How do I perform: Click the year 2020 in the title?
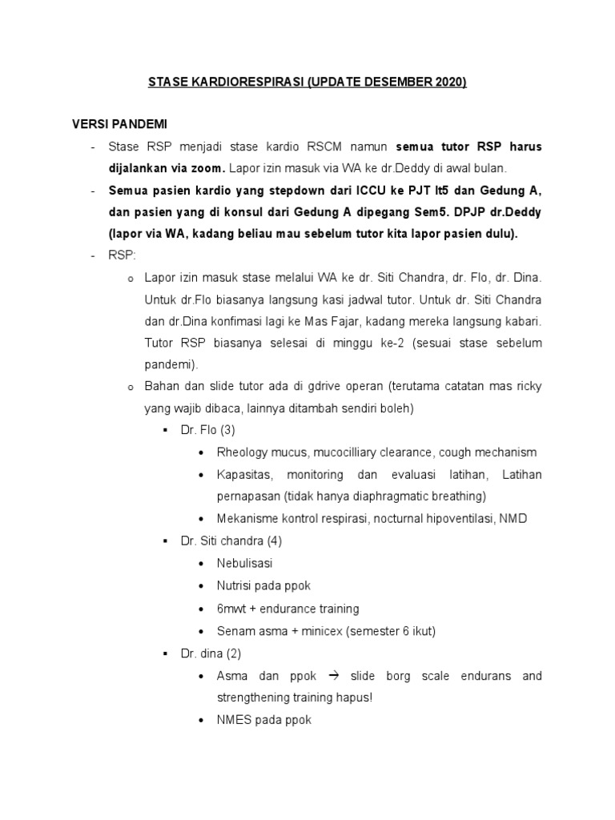coord(448,82)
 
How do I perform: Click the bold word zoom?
coord(208,168)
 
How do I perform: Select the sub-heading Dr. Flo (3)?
coord(207,430)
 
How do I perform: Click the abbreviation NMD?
coord(512,518)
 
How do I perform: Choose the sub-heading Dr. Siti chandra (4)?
coord(231,541)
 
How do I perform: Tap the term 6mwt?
coord(232,609)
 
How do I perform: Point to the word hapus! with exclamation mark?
coord(356,697)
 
